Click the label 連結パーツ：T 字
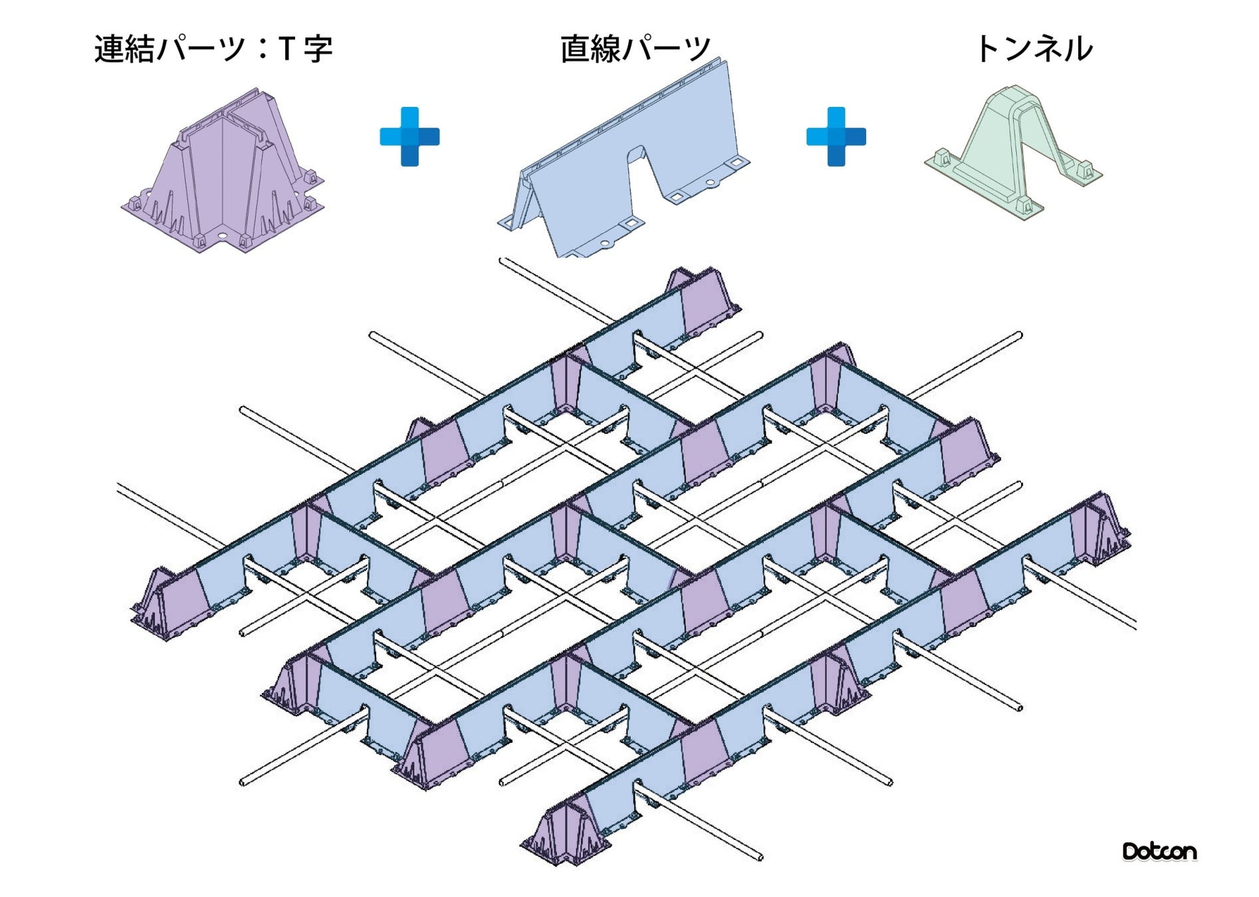pos(213,49)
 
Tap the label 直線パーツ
pos(635,49)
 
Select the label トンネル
pos(1034,49)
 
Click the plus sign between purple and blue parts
pos(409,136)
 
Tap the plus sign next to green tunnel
pos(836,136)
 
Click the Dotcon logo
pos(1159,851)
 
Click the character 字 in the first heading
pos(318,49)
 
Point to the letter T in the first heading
pos(286,49)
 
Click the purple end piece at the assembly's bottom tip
pos(565,834)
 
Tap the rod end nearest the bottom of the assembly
pos(760,858)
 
